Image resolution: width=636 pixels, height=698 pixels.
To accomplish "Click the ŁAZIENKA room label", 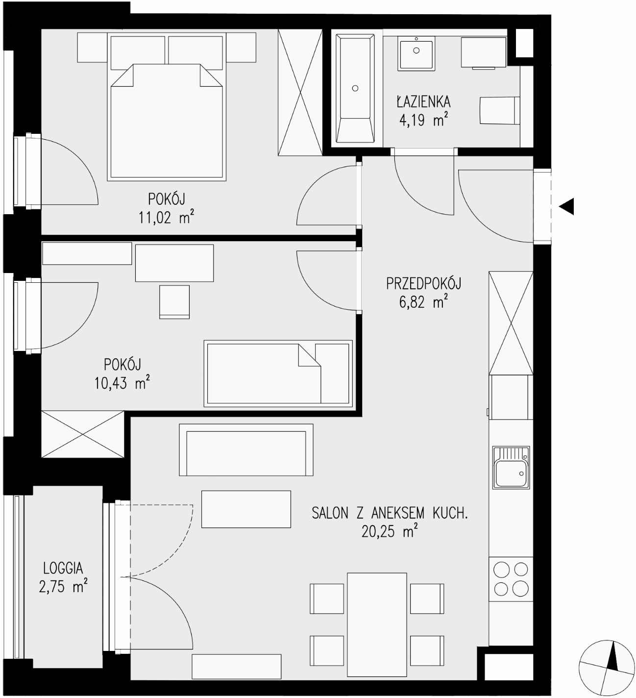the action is (423, 102).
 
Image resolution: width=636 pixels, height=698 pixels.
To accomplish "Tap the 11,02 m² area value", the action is (166, 218).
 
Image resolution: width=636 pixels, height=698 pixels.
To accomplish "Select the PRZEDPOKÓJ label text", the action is (423, 284).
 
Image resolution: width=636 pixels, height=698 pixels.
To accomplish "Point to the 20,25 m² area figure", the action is (390, 531).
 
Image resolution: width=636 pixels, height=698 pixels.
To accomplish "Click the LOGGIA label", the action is (63, 568).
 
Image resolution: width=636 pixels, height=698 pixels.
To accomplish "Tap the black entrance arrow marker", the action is (566, 207).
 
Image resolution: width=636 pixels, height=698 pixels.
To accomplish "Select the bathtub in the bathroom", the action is (355, 88).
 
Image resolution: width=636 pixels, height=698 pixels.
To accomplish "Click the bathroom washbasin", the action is (416, 55).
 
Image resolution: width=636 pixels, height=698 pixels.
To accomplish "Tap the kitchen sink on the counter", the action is (511, 467).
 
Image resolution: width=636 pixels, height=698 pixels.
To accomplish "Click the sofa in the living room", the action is (246, 449).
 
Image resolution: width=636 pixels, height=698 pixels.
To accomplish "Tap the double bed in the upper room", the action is (167, 122).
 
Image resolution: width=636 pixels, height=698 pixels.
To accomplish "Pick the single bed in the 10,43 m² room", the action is (278, 374).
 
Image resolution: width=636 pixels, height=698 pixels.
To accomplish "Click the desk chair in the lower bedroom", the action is (174, 302).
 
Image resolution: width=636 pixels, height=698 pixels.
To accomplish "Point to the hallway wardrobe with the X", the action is (511, 323).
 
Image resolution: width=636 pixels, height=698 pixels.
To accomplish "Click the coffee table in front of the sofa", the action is (246, 509).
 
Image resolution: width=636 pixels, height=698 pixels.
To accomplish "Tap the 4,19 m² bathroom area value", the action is (423, 121).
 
